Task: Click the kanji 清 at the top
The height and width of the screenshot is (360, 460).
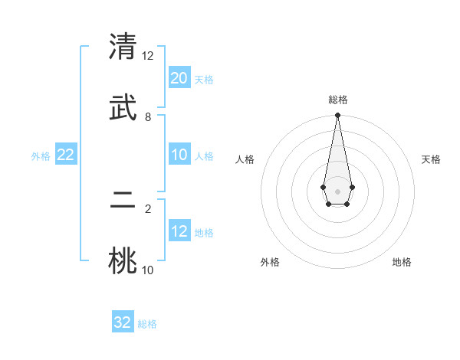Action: click(x=123, y=47)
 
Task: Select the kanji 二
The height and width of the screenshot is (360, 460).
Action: click(x=123, y=202)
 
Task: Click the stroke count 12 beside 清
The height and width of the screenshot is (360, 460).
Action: click(x=148, y=56)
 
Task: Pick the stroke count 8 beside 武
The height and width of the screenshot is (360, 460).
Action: click(x=148, y=116)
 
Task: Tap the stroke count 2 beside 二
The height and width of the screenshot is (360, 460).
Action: click(x=148, y=208)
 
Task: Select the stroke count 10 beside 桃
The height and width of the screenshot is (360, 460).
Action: click(x=148, y=270)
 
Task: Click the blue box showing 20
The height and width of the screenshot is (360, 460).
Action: click(x=179, y=78)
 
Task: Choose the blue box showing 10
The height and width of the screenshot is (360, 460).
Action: click(x=179, y=155)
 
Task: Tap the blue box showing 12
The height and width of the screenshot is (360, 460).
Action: click(x=179, y=231)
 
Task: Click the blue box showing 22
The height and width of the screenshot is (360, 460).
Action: click(x=65, y=155)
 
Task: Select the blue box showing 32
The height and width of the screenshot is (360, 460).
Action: click(x=123, y=322)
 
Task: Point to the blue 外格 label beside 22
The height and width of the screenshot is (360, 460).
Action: click(x=41, y=156)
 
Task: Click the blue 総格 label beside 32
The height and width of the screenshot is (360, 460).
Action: click(x=147, y=324)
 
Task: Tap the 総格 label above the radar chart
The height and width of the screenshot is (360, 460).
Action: click(x=337, y=100)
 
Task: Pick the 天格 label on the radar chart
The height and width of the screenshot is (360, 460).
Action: click(x=431, y=159)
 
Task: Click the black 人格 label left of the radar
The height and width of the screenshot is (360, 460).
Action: click(x=245, y=159)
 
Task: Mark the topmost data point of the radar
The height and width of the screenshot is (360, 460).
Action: click(x=337, y=116)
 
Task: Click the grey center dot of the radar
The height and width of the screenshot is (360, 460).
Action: click(x=337, y=191)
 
